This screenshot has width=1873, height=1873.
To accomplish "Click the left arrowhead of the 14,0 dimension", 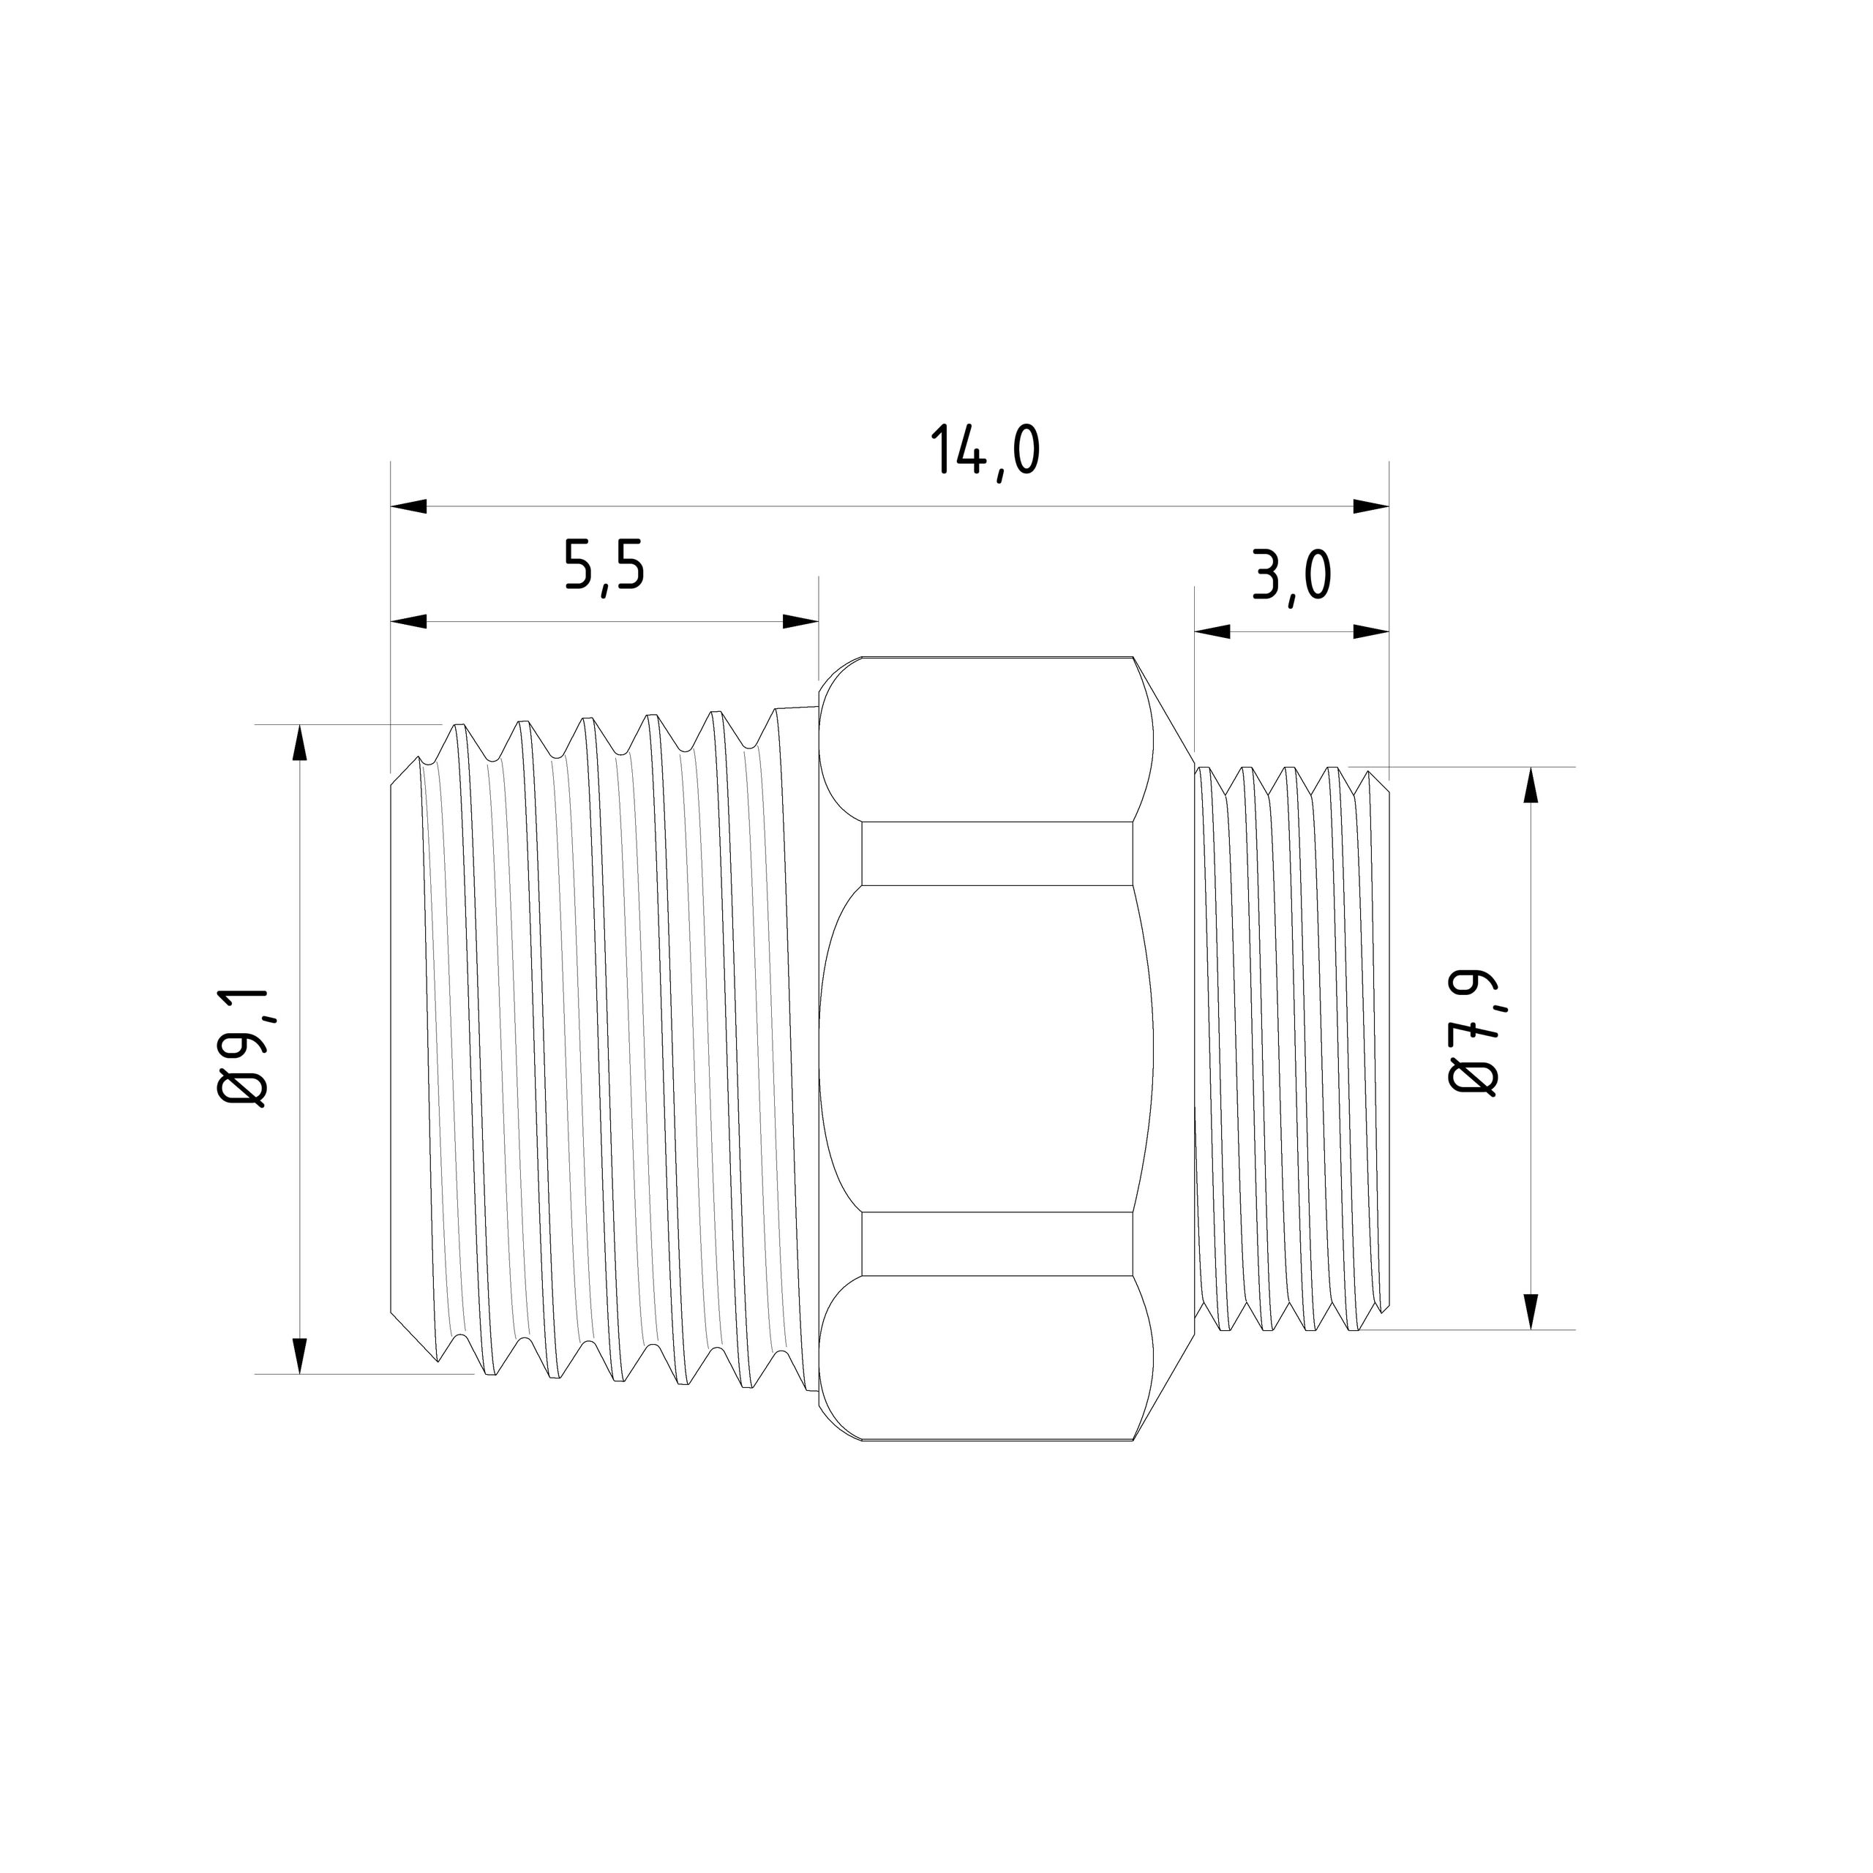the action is pyautogui.click(x=409, y=506).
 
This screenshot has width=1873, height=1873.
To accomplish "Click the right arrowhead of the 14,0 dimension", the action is pyautogui.click(x=1371, y=506).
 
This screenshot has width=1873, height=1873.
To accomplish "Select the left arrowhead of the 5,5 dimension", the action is pyautogui.click(x=409, y=621).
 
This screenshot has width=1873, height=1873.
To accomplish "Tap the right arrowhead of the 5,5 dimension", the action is pyautogui.click(x=800, y=621).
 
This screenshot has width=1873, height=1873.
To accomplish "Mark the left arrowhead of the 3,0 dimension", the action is pyautogui.click(x=1212, y=631).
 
